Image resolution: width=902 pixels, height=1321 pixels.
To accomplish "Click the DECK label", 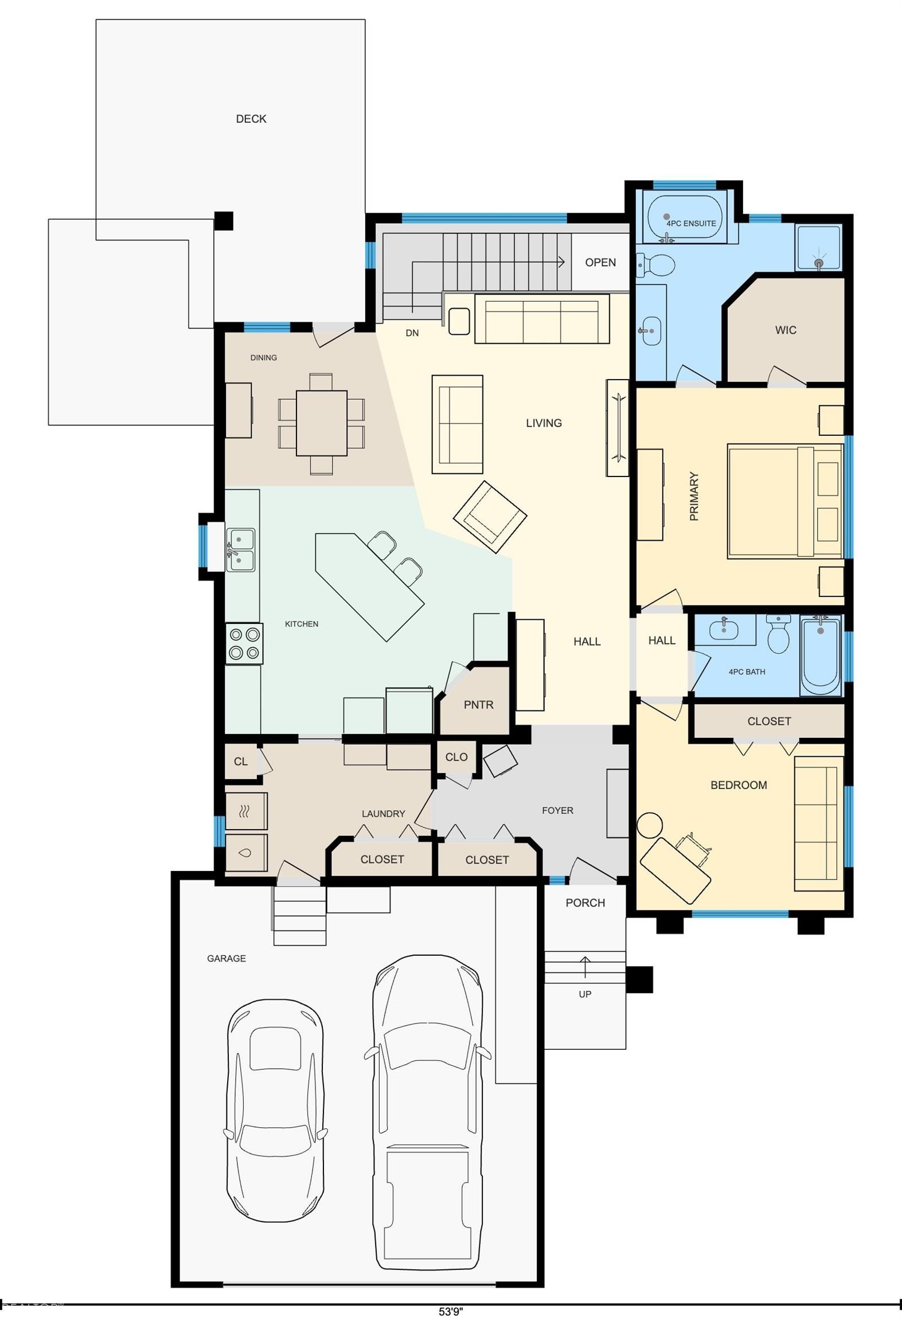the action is pyautogui.click(x=251, y=119).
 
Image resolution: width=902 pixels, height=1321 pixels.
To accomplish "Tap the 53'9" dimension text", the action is pyautogui.click(x=451, y=1311).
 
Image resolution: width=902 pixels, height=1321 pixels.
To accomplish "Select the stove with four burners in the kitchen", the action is pyautogui.click(x=244, y=643).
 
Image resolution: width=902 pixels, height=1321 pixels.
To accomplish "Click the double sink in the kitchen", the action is pyautogui.click(x=241, y=550).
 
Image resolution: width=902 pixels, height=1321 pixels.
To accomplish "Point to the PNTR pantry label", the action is pyautogui.click(x=479, y=705).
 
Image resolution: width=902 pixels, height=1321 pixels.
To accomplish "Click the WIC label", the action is pyautogui.click(x=786, y=330).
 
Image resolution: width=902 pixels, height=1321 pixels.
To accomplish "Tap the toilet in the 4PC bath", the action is pyautogui.click(x=778, y=634).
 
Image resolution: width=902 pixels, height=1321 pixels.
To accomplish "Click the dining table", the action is pyautogui.click(x=322, y=423).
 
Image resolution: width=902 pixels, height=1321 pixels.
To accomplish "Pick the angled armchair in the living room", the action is pyautogui.click(x=490, y=517).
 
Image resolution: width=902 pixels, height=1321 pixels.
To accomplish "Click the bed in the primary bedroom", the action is pyautogui.click(x=785, y=501).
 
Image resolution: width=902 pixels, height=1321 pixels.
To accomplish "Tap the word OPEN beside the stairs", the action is pyautogui.click(x=600, y=263).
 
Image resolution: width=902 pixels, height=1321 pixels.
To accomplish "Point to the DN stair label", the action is pyautogui.click(x=412, y=333).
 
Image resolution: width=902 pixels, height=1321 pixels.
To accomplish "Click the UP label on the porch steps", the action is pyautogui.click(x=585, y=994).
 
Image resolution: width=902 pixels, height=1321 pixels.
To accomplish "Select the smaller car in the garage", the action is pyautogui.click(x=275, y=1113).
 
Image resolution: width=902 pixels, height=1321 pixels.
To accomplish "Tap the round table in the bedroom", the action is pyautogui.click(x=650, y=826).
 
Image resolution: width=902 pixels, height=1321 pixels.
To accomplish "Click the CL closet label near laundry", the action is pyautogui.click(x=241, y=761).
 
